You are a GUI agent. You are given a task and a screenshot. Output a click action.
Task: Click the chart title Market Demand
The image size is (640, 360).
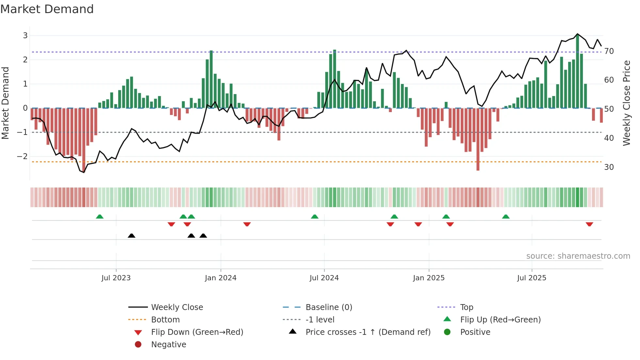pos(47,9)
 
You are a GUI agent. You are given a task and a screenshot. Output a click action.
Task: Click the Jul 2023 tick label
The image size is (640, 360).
pos(116,278)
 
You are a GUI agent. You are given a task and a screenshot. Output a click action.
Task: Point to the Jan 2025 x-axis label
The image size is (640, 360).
pos(428,278)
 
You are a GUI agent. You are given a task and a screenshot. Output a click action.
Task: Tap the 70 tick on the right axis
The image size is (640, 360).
pos(609,51)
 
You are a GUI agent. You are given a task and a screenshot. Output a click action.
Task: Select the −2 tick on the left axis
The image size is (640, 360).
pos(22,156)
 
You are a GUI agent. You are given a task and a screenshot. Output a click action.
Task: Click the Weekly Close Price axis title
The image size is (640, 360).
pos(626,103)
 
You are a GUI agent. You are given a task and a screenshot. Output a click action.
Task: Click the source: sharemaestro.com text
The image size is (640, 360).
pos(578,256)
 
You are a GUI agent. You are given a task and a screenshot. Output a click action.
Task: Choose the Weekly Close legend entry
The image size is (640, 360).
pos(177,307)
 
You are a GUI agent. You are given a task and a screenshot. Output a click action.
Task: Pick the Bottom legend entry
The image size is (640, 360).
pos(165,320)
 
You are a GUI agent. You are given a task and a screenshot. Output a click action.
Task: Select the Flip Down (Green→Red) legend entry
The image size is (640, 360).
pos(197,332)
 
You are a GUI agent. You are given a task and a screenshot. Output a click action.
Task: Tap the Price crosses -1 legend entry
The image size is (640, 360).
pos(368,332)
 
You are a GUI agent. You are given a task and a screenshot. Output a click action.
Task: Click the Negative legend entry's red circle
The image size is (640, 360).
pos(138,345)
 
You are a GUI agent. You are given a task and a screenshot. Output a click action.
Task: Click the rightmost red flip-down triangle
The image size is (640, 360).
pos(589,224)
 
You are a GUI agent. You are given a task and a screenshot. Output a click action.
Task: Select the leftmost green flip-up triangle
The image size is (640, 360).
pos(100,217)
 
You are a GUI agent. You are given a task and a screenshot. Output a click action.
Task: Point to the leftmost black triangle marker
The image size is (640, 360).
pos(131,236)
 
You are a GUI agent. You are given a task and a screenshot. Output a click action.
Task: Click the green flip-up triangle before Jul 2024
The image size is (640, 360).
pos(314,217)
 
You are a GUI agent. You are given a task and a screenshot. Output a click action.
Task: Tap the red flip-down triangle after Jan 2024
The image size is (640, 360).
pos(247,224)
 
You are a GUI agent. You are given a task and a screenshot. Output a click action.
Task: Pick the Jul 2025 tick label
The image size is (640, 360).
pos(531,278)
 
